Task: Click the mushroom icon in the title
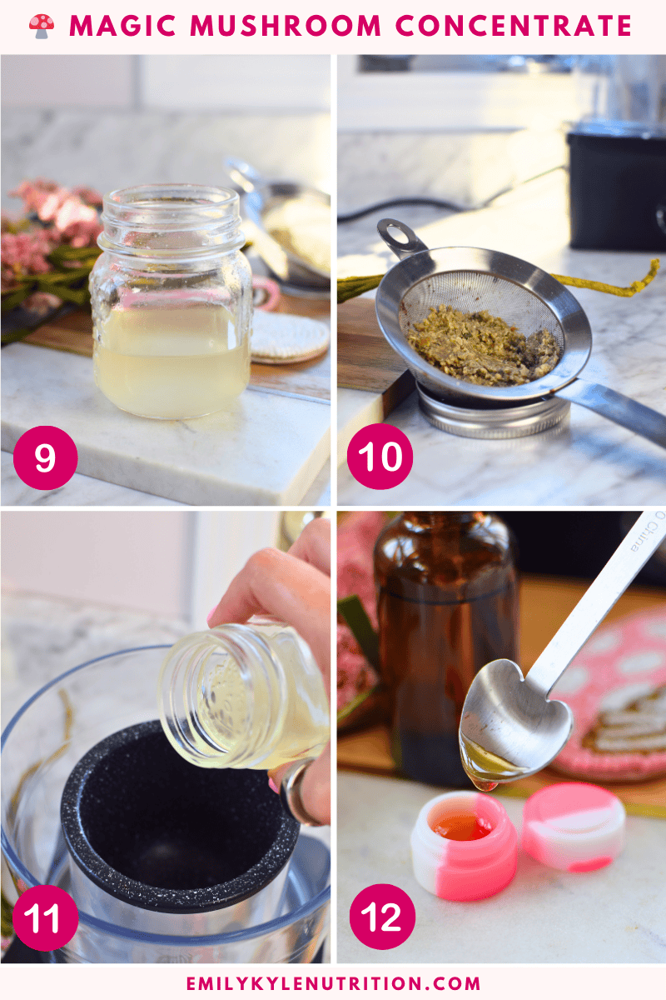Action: click(42, 27)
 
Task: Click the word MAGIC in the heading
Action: click(122, 26)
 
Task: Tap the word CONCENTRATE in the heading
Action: click(514, 26)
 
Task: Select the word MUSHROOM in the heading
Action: click(286, 26)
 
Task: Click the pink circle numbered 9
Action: click(45, 457)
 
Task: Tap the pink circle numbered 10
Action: click(380, 457)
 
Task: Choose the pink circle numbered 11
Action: click(46, 918)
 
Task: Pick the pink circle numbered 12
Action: click(382, 917)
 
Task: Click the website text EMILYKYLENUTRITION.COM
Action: click(333, 983)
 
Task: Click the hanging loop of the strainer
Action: click(396, 233)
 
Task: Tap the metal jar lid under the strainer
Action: click(493, 413)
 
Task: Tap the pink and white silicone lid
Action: click(574, 827)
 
